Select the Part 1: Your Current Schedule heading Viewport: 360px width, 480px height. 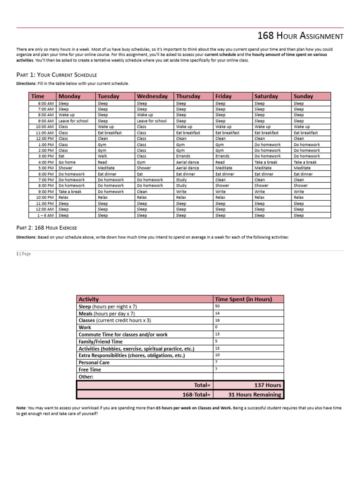[x=57, y=75]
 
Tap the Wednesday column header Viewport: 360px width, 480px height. [x=152, y=96]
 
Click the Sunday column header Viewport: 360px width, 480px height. [x=303, y=96]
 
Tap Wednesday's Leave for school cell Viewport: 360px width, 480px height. [x=151, y=121]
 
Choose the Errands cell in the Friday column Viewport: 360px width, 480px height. [x=222, y=156]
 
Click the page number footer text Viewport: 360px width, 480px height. [x=24, y=254]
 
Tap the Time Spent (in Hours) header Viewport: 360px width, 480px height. [x=242, y=299]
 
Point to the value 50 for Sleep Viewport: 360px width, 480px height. [x=217, y=306]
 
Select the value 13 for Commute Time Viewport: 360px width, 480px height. [x=217, y=334]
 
